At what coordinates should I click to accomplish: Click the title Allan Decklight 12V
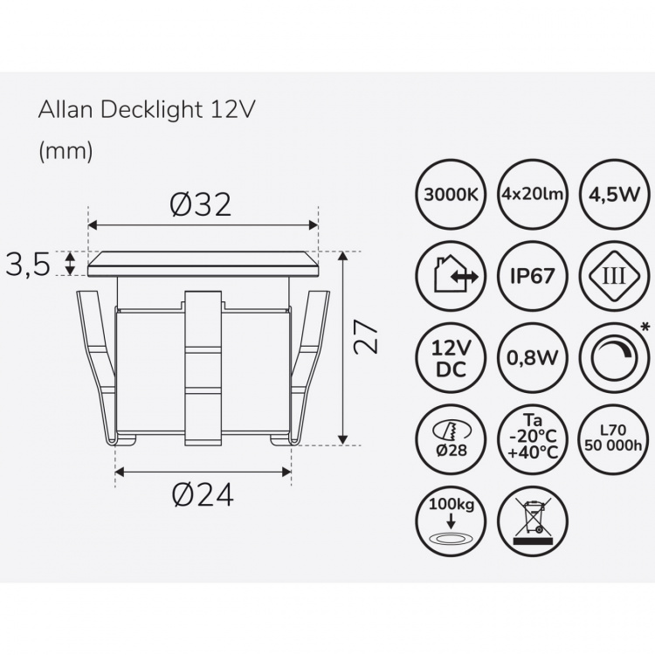coord(147,111)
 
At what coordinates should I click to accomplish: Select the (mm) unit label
coord(65,150)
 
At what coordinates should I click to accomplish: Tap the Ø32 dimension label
coord(202,205)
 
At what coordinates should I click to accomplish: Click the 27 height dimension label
coord(371,334)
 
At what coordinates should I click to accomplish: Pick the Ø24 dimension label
coord(202,495)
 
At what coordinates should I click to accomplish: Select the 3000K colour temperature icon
coord(450,194)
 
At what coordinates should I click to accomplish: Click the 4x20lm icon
coord(533,194)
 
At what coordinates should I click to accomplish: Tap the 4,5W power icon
coord(615,194)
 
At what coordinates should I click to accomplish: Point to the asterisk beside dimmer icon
coord(645,327)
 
